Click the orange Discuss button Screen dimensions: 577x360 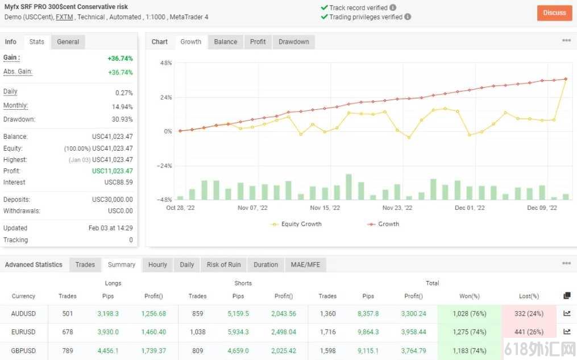(x=555, y=13)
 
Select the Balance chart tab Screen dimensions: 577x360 (x=226, y=42)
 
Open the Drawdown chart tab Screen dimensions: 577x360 (x=294, y=42)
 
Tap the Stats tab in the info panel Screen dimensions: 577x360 (x=37, y=42)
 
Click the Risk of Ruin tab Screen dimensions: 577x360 (x=224, y=264)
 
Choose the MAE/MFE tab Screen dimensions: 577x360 (x=305, y=264)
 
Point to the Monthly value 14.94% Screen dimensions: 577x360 (x=122, y=107)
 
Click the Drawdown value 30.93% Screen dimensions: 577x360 (x=122, y=119)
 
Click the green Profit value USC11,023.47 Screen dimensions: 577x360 (x=112, y=171)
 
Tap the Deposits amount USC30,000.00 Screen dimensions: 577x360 (x=112, y=200)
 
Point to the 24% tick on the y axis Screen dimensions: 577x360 (x=166, y=98)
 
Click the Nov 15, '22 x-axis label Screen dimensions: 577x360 (x=325, y=208)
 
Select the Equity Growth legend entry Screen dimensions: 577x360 (x=296, y=224)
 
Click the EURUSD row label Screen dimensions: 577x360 (x=23, y=332)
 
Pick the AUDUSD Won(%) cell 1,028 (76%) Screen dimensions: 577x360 (x=469, y=313)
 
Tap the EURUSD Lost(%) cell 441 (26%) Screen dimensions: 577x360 (x=529, y=332)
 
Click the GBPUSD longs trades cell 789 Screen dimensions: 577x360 (x=68, y=351)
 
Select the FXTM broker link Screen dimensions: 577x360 (x=64, y=17)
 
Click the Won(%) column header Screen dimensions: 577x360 (x=469, y=296)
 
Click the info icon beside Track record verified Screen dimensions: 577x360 (x=393, y=7)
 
